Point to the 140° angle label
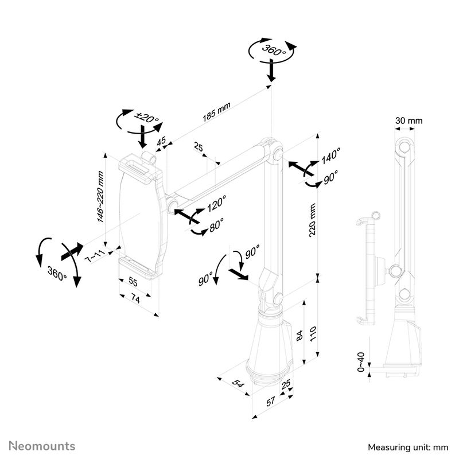[x=330, y=155]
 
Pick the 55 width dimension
[x=132, y=282]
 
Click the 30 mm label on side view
[x=409, y=120]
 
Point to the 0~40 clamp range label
[x=360, y=363]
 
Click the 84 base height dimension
[x=298, y=336]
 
